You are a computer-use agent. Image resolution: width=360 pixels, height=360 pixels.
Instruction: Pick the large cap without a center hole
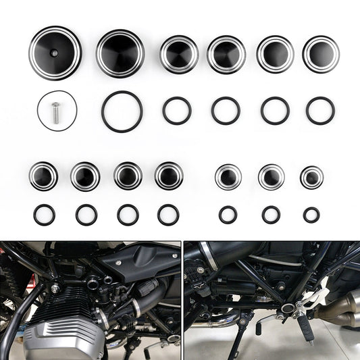click(120, 53)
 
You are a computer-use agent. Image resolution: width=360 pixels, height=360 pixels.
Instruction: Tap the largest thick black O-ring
click(122, 111)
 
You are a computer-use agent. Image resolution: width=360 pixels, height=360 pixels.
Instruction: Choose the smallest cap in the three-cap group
click(311, 177)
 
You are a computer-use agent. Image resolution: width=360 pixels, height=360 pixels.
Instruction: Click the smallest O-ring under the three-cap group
click(311, 215)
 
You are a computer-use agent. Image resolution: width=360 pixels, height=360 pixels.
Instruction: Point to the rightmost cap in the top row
click(321, 54)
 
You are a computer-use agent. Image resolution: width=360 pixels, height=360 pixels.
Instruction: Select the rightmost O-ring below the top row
click(320, 111)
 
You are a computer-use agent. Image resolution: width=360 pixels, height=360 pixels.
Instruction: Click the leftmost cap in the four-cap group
click(43, 176)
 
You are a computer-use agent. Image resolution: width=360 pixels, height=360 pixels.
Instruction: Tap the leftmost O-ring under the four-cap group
click(44, 215)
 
